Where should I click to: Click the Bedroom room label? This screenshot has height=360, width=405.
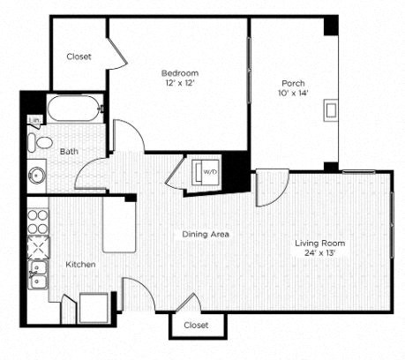[179, 72]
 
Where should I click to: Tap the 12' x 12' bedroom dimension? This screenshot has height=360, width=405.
[179, 84]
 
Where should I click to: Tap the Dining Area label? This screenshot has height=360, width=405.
[206, 234]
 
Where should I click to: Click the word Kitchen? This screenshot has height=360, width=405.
[80, 264]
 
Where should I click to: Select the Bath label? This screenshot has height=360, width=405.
[68, 152]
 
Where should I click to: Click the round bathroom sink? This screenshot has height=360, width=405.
[37, 175]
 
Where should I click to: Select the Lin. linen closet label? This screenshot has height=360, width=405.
[34, 120]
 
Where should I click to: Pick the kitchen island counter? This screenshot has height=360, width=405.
[120, 224]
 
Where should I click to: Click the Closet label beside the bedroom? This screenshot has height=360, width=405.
[79, 56]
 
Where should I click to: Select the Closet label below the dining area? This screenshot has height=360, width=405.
[197, 325]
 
